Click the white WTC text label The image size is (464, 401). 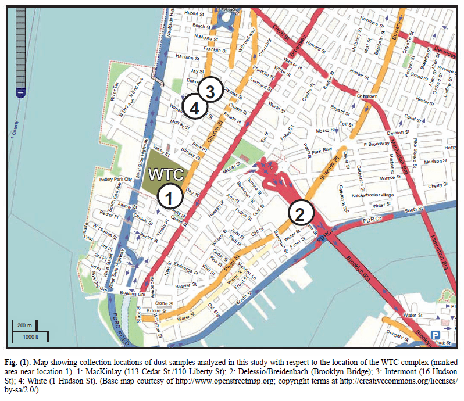pyautogui.click(x=166, y=174)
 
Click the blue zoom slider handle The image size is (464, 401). pyautogui.click(x=21, y=92)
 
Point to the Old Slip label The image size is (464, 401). pyautogui.click(x=215, y=303)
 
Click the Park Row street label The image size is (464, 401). pyautogui.click(x=321, y=152)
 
